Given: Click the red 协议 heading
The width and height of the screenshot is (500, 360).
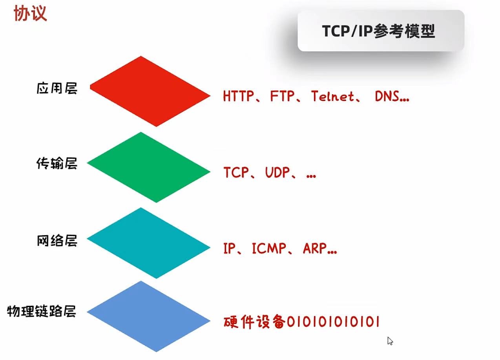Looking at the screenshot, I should coord(30,14).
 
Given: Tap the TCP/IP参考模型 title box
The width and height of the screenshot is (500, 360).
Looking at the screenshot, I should coord(381,31).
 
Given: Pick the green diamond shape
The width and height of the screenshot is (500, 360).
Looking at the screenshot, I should coord(149,167).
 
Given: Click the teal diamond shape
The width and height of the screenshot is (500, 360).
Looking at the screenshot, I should coord(149,243).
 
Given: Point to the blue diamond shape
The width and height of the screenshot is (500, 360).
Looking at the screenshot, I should coord(149,316).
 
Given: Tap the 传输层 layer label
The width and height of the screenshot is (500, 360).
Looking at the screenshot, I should coord(57,164).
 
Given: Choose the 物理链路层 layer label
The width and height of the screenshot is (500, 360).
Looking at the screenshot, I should coord(42,312).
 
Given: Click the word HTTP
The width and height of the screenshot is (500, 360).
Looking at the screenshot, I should coord(238,96).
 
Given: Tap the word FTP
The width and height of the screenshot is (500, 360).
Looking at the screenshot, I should coord(282,96).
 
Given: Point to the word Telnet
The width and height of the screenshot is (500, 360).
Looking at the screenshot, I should coord(332,96).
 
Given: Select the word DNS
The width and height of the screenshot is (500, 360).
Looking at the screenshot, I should coord(387,96).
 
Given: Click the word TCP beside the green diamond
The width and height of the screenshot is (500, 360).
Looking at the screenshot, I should coord(236,173).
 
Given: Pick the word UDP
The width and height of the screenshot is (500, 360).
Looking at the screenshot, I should coord(277,173).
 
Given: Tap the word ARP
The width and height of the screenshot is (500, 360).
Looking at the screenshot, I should coord(315,249).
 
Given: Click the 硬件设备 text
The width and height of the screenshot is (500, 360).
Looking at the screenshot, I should coord(254,322).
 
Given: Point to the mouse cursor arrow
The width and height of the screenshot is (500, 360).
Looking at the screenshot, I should coord(390,340).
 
